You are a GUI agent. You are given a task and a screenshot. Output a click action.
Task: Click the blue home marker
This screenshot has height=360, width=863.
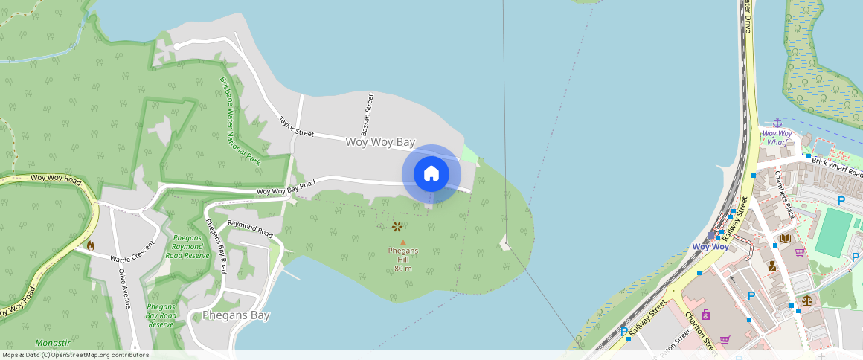(x=431, y=174)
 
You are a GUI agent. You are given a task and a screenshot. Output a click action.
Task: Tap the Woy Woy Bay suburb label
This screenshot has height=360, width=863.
(x=380, y=141)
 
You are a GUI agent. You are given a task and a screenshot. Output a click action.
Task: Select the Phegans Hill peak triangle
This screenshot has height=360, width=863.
(x=403, y=242)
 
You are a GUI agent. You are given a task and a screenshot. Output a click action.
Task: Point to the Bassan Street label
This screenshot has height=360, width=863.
(x=367, y=113)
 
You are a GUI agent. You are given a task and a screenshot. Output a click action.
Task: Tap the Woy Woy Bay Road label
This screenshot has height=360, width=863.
(x=286, y=187)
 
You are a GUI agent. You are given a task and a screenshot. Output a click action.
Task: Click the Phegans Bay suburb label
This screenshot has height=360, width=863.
(x=236, y=315)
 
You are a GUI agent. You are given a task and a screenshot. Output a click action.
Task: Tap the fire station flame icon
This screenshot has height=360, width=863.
(x=91, y=245)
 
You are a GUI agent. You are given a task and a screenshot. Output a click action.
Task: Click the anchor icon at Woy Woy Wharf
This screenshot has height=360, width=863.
(x=777, y=122)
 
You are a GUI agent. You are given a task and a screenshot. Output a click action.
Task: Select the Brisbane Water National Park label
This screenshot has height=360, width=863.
(x=240, y=119)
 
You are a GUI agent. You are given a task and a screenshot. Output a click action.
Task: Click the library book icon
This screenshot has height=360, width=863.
(x=784, y=239)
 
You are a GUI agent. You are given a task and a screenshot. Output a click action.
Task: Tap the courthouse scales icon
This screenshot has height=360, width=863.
(x=807, y=300)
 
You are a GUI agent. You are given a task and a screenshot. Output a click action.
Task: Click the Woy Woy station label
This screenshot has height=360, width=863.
(x=710, y=246)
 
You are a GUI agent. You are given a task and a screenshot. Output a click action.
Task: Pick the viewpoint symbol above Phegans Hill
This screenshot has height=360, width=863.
(x=397, y=226)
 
